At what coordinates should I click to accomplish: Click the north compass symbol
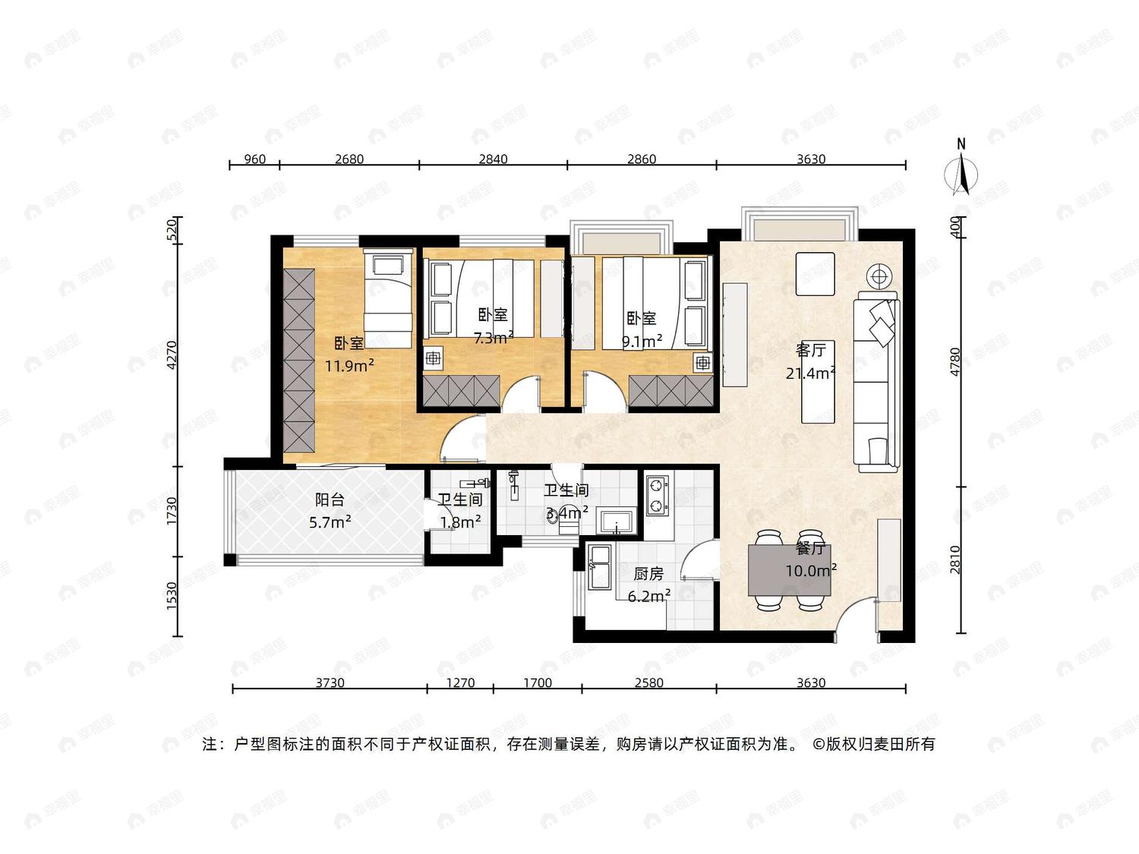[x=961, y=172]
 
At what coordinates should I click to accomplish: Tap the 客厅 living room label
[x=810, y=351]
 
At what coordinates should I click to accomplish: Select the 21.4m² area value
[x=810, y=373]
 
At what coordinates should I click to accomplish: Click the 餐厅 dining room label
[x=810, y=549]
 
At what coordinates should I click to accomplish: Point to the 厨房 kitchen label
[x=648, y=573]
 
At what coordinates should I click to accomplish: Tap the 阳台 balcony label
[x=330, y=499]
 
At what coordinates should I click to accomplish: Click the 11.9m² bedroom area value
[x=350, y=366]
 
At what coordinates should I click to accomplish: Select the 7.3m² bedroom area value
[x=494, y=338]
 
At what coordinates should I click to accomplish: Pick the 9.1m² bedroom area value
[x=642, y=341]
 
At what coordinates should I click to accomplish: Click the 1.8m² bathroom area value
[x=460, y=522]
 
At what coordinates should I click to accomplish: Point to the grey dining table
[x=789, y=570]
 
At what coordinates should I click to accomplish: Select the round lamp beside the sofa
[x=878, y=276]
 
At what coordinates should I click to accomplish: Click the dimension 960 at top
[x=255, y=159]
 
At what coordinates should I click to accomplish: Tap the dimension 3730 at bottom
[x=330, y=682]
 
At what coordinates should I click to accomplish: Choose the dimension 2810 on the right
[x=955, y=560]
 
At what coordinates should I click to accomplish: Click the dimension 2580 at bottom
[x=648, y=682]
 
